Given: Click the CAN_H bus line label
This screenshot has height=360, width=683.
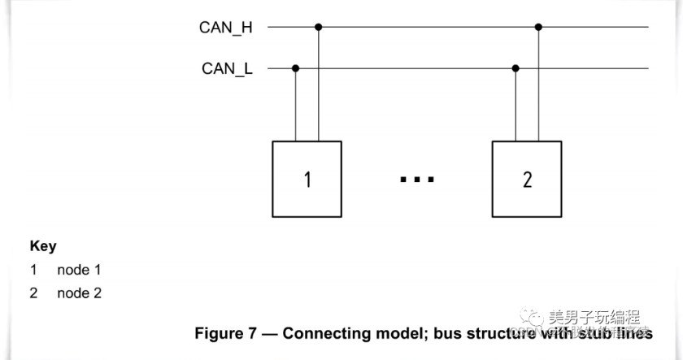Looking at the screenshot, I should (225, 28).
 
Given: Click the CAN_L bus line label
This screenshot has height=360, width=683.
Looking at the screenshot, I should (227, 69).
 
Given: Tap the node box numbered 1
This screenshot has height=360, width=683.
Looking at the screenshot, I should (307, 179).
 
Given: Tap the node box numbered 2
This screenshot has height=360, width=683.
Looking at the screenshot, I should (526, 179).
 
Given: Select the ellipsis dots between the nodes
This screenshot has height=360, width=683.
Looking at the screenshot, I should (416, 179).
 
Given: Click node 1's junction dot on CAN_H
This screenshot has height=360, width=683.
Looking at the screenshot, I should (318, 28).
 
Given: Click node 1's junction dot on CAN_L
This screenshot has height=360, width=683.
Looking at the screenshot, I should (295, 69).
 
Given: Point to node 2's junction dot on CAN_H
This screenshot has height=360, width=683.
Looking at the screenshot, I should (538, 28).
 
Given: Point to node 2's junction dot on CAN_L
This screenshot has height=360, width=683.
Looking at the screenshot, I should (516, 69).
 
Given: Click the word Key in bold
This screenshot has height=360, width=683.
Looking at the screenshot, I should (43, 246).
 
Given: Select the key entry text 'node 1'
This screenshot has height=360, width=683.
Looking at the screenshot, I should (79, 270).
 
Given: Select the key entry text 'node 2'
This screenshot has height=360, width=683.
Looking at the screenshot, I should (79, 293).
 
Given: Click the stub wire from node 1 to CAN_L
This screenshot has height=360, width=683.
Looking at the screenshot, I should (295, 106).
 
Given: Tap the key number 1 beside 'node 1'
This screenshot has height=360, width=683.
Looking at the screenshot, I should (34, 270).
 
